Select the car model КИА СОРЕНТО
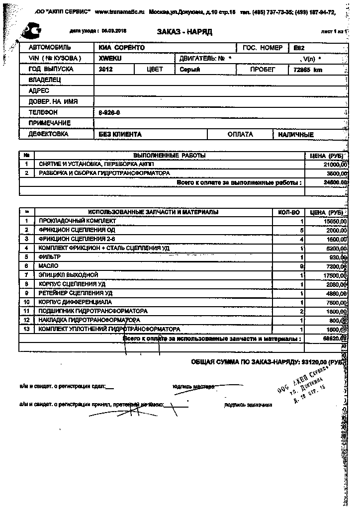tap(122, 48)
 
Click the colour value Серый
tap(190, 70)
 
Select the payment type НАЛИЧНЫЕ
tap(296, 135)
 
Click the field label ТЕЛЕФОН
tap(43, 113)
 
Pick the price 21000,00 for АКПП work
tap(336, 164)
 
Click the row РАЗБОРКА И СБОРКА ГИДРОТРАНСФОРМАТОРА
tap(104, 173)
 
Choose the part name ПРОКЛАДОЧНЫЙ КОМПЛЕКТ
tap(78, 221)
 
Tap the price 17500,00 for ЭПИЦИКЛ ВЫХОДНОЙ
tap(336, 275)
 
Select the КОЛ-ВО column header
tap(288, 212)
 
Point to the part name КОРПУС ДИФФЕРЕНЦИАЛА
tap(75, 302)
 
